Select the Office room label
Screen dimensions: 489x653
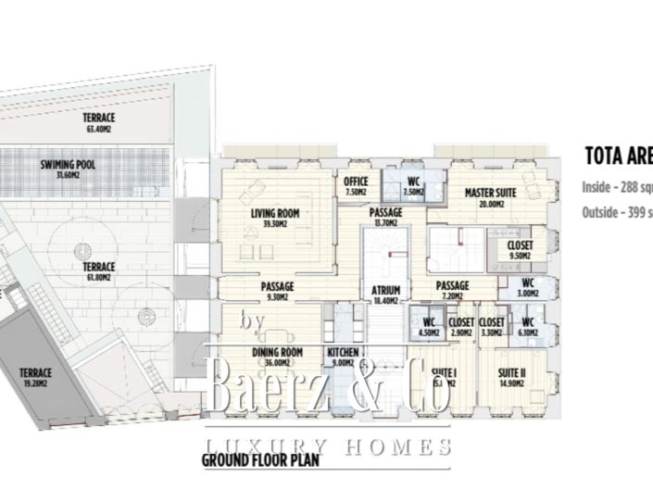click(x=356, y=182)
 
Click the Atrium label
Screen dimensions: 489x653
click(x=385, y=290)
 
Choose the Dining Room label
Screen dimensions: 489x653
click(x=278, y=353)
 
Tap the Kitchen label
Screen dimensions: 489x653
click(x=342, y=353)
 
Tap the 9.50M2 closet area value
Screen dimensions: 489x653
click(x=520, y=255)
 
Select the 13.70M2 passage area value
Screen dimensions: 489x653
click(x=385, y=222)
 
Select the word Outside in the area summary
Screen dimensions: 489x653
click(x=601, y=212)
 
